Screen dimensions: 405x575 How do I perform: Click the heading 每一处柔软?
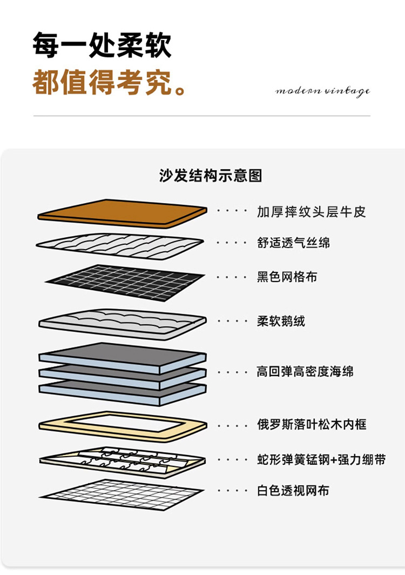coord(102,45)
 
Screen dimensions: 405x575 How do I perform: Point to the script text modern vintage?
coord(322,91)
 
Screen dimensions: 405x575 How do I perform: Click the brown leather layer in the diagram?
coord(122,212)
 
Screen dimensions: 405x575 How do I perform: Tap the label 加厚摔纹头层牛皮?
coord(311,211)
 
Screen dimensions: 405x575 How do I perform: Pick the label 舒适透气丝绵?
coord(293,243)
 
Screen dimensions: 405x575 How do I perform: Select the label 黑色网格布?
coord(287,277)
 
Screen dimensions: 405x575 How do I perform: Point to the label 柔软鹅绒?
coord(281,322)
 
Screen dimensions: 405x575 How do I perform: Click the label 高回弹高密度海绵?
coord(305,372)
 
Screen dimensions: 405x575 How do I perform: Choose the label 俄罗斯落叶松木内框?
coord(312,424)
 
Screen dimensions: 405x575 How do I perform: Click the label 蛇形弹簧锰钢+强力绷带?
coord(321,460)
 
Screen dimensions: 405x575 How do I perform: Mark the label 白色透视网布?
coord(293,491)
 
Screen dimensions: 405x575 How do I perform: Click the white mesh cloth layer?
coord(122,494)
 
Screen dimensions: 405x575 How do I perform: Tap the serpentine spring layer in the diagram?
coord(122,461)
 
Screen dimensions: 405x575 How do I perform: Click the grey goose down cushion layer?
coord(122,322)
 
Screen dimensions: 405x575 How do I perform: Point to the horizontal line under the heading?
coord(202,116)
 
